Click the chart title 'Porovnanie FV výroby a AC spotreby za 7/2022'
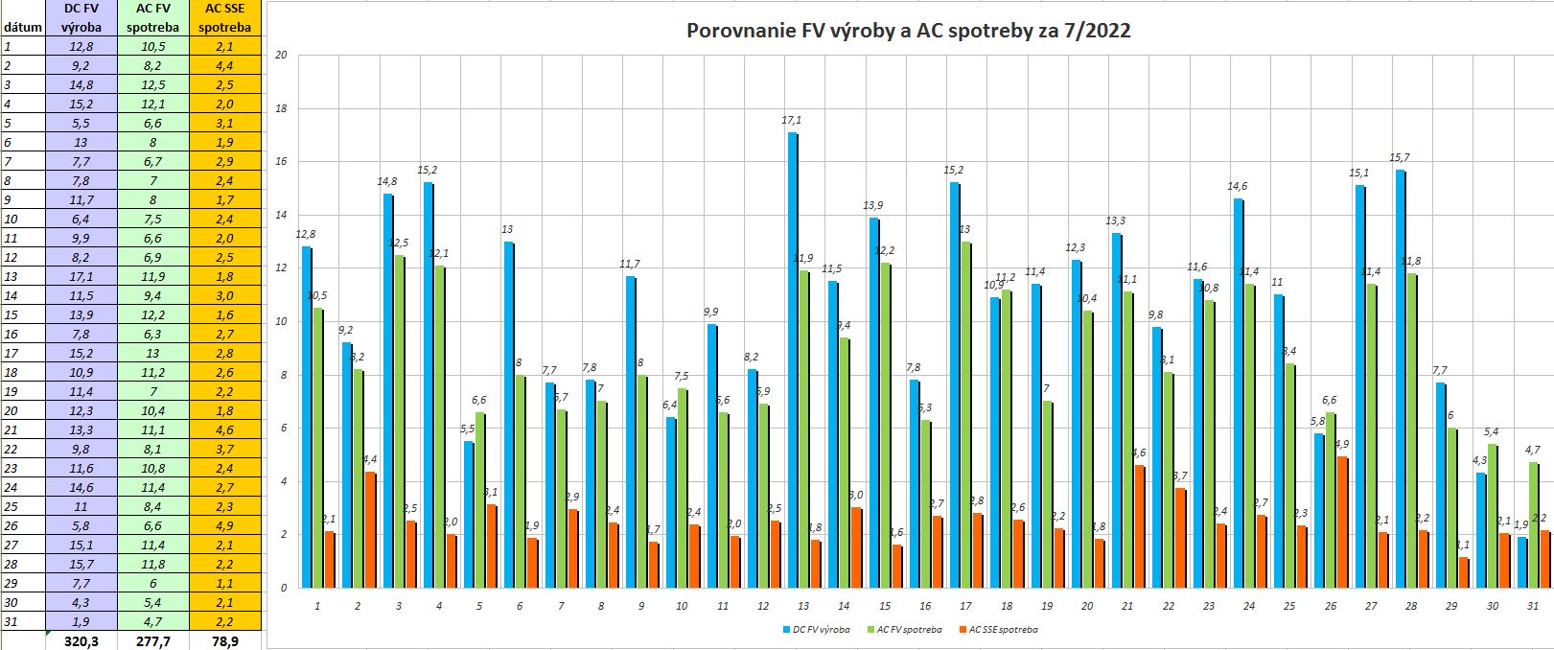(908, 31)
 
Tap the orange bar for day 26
(1343, 522)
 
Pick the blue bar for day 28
(1401, 379)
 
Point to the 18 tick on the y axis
(281, 108)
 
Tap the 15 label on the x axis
(884, 606)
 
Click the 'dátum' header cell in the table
(22, 27)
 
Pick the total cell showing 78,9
(225, 640)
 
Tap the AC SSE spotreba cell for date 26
(225, 525)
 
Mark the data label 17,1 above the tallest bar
(793, 121)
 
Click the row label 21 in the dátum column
(12, 429)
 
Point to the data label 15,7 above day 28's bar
(1401, 157)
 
